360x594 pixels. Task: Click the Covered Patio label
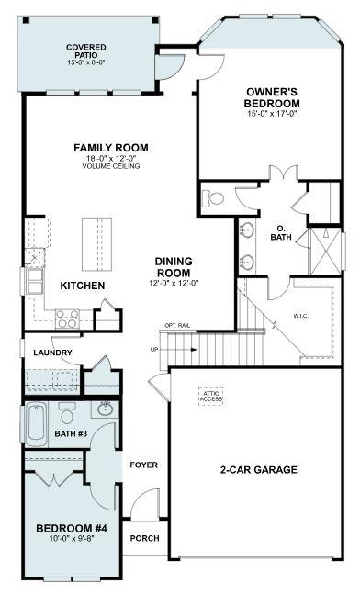click(x=86, y=51)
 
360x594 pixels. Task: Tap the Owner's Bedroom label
click(x=273, y=97)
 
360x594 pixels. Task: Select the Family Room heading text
click(x=110, y=148)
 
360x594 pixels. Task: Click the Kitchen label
click(x=83, y=286)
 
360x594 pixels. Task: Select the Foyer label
click(x=143, y=465)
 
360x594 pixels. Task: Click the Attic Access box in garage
click(x=212, y=395)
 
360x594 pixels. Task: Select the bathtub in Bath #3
click(x=36, y=424)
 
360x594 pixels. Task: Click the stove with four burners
click(x=66, y=319)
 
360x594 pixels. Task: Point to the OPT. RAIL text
click(x=176, y=326)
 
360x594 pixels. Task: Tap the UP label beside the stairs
click(x=153, y=350)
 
